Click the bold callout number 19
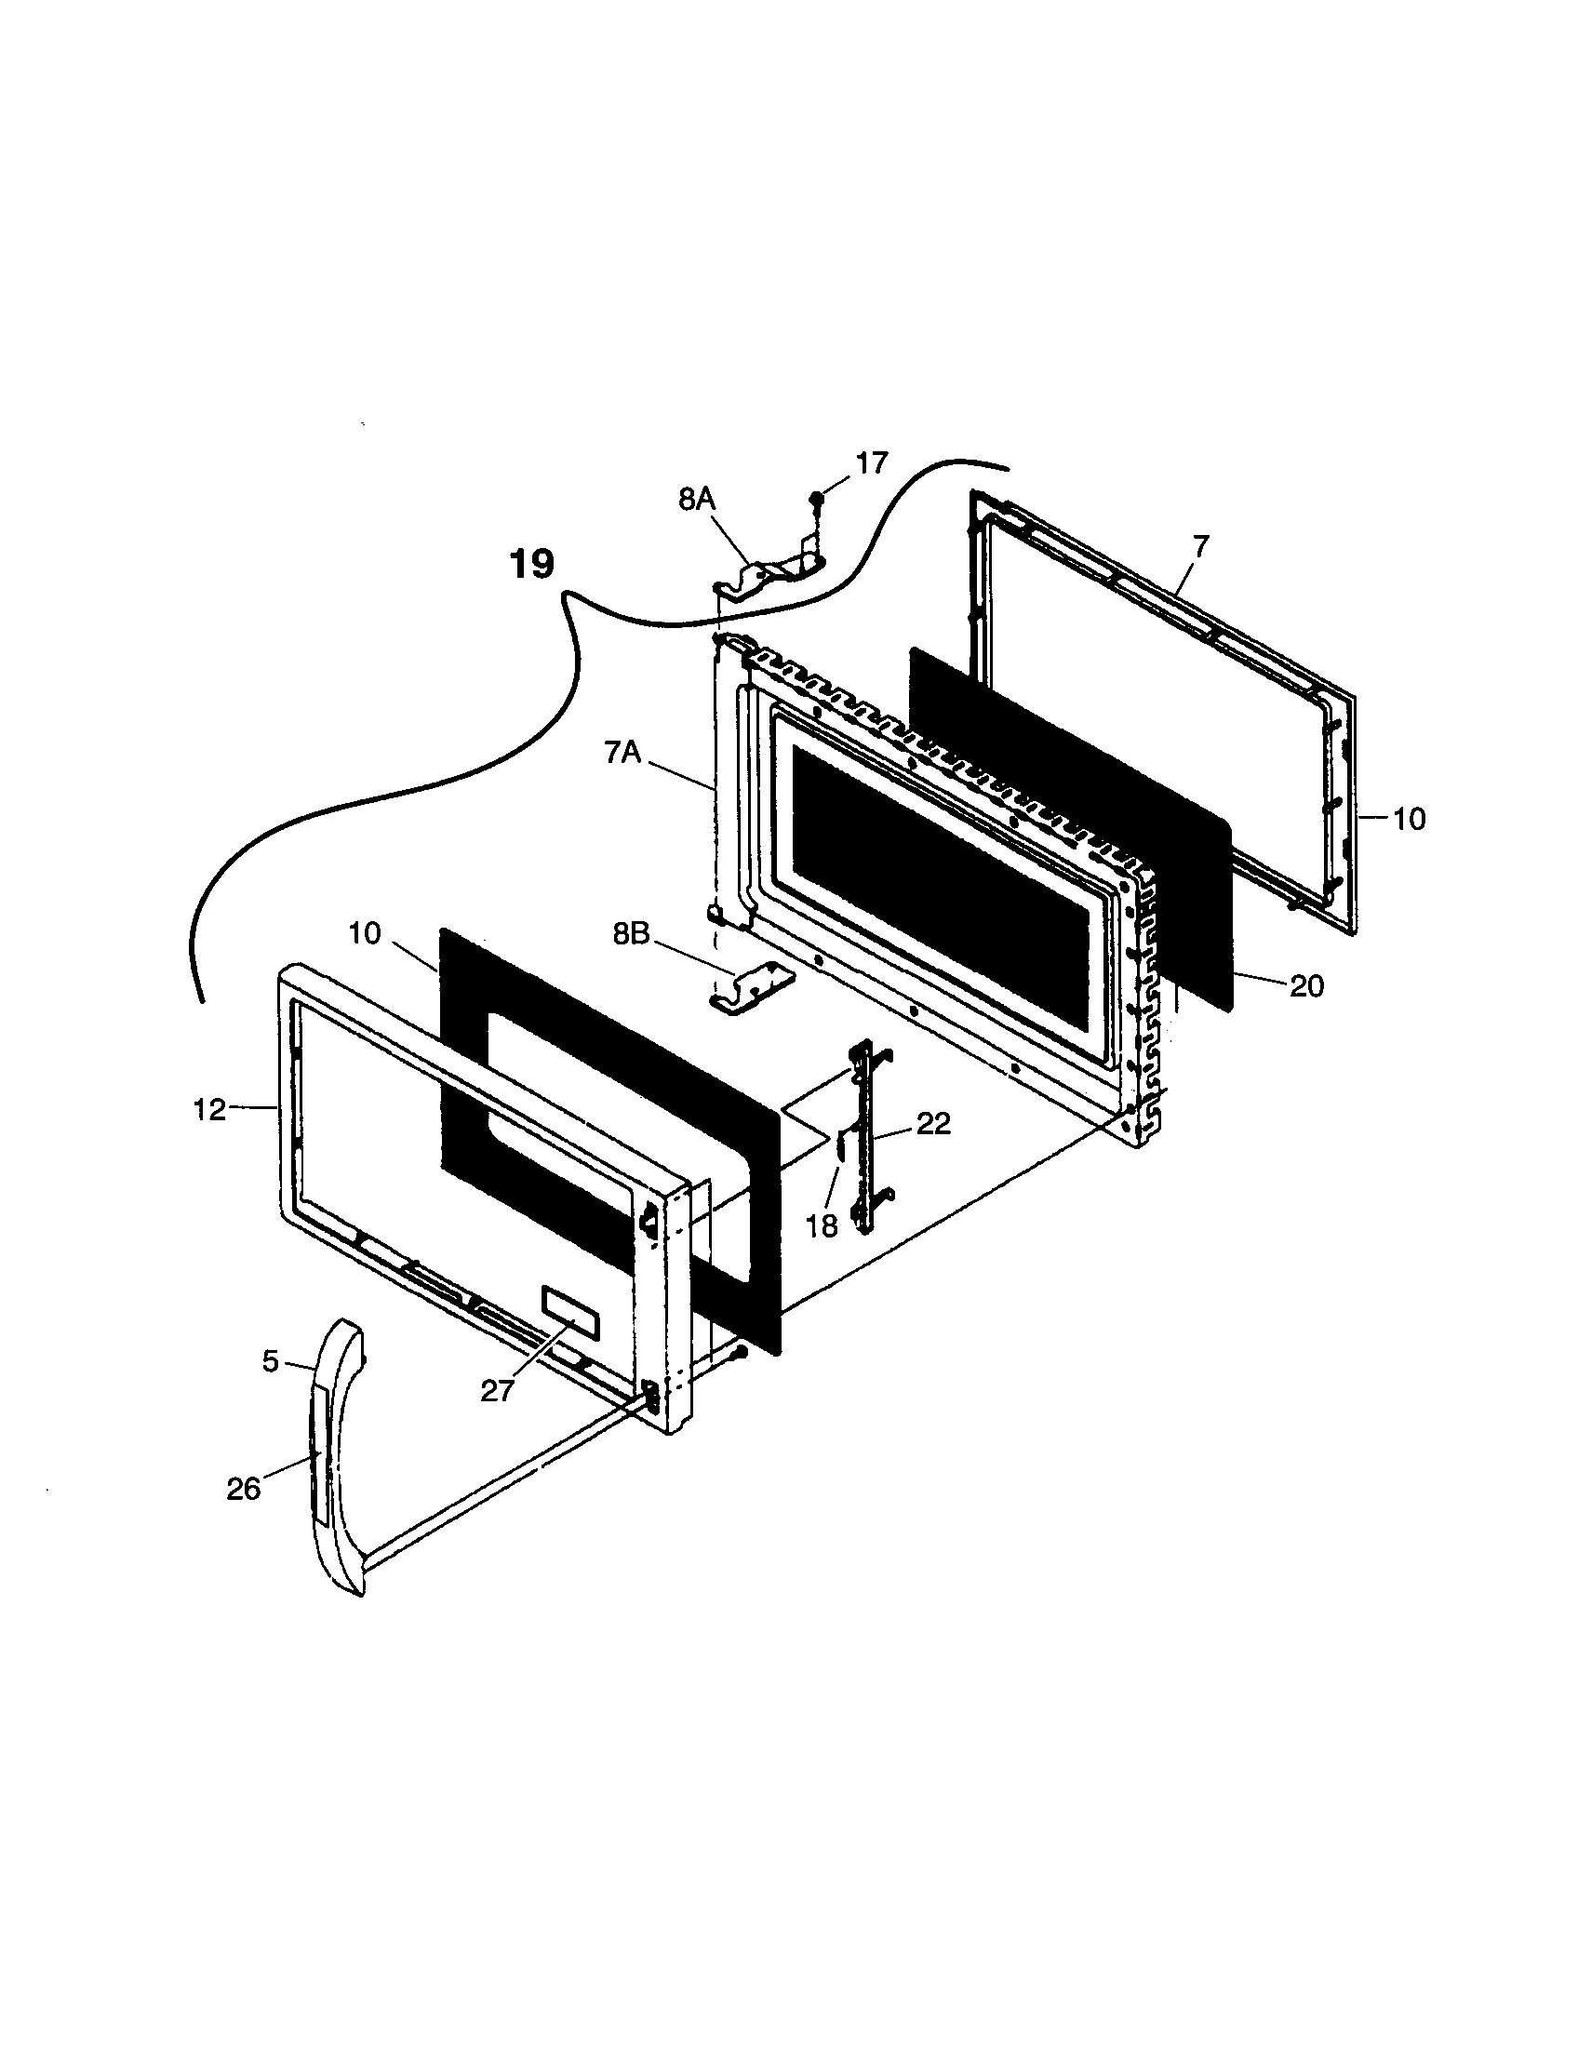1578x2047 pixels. pos(531,564)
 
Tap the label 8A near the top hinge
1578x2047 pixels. pos(696,500)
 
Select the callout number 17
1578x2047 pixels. pos(871,463)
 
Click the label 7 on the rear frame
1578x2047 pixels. pos(1201,544)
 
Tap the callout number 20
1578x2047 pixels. pos(1306,986)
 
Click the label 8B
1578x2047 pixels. pos(631,934)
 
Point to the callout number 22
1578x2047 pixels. pos(933,1124)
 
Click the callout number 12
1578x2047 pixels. pos(210,1110)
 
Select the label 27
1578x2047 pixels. pos(497,1392)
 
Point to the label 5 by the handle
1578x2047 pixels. pos(271,1361)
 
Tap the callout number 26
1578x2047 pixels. pos(243,1489)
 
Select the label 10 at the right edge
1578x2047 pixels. pos(1409,819)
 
